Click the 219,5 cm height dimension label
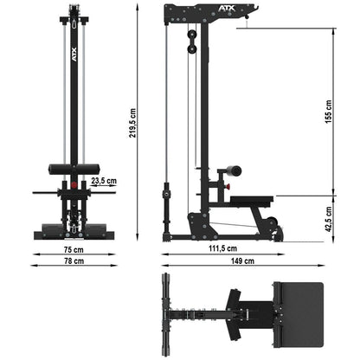tap(132, 123)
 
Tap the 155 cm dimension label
tap(328, 112)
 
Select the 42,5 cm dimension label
tap(328, 219)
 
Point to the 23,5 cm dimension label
tap(104, 181)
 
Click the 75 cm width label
tap(74, 249)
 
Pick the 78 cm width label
tap(74, 260)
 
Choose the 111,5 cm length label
tap(223, 248)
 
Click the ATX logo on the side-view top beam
tap(227, 9)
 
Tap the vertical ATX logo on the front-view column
tap(74, 55)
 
